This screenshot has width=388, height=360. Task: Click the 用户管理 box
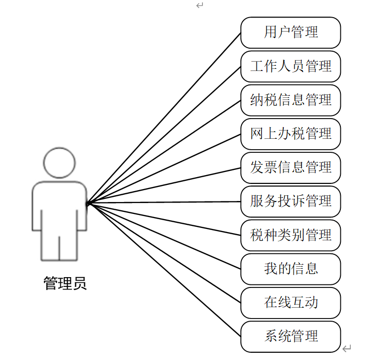[x=291, y=33]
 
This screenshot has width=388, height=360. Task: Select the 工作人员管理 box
[x=291, y=66]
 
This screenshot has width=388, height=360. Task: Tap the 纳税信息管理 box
[x=291, y=100]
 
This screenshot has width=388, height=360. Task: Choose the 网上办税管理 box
[x=291, y=134]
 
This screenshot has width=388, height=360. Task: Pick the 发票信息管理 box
[x=291, y=167]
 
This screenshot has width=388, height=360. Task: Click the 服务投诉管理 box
[x=291, y=201]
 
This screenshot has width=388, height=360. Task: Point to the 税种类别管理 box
[x=291, y=235]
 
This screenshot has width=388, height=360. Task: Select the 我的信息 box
[x=291, y=269]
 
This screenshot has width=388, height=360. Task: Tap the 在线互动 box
[x=291, y=303]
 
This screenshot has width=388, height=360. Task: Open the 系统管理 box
[x=291, y=336]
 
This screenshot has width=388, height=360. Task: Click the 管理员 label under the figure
[x=65, y=283]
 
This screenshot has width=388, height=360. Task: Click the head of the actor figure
[x=59, y=163]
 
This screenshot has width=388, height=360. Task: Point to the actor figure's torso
[x=59, y=207]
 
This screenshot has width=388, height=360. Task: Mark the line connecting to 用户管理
[x=164, y=118]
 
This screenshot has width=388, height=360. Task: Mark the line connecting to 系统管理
[x=164, y=269]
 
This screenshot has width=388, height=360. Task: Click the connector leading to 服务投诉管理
[x=164, y=202]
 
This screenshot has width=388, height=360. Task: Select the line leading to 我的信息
[x=164, y=236]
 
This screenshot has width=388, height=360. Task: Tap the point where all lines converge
[x=88, y=203]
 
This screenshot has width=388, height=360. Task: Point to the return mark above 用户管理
[x=199, y=6]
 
